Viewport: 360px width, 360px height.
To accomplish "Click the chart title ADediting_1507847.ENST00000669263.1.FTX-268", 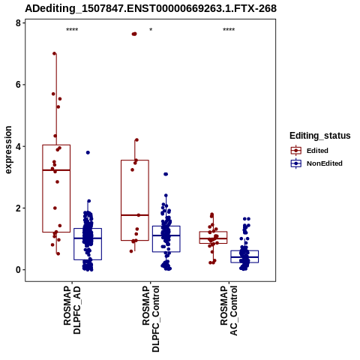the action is coord(151,8).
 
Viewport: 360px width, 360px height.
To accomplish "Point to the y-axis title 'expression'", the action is coord(8,150).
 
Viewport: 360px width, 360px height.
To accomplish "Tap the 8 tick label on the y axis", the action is coord(18,23).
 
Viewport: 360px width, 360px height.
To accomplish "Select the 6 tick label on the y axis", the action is coord(18,85).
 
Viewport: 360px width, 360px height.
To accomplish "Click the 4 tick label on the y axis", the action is coord(18,146).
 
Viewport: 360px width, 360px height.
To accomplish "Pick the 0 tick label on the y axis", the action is coord(18,270).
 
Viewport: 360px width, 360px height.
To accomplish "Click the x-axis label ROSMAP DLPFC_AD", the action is coord(72,310).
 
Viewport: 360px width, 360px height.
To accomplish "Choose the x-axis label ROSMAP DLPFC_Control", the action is coord(151,319).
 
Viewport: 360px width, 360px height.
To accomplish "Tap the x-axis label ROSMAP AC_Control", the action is coord(229,310).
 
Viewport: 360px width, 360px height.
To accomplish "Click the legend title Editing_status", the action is coord(320,136).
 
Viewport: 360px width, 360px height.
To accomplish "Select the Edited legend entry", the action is coord(310,151).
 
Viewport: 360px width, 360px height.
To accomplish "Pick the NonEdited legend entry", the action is coord(316,163).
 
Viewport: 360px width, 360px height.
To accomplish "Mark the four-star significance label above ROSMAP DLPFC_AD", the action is coord(72,30).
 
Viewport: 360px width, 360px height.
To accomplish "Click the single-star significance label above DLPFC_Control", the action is coord(151,30).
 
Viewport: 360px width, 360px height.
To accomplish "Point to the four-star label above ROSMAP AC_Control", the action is coord(229,30).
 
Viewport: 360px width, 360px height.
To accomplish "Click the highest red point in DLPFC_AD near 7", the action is coord(54,53).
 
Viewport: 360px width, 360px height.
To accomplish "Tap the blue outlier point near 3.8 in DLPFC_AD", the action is coord(88,152).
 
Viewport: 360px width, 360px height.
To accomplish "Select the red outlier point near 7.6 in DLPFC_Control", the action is coord(134,34).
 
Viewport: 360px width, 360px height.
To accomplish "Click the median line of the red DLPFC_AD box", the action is coord(56,170).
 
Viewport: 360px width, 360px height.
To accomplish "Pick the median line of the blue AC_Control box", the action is coord(244,257).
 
